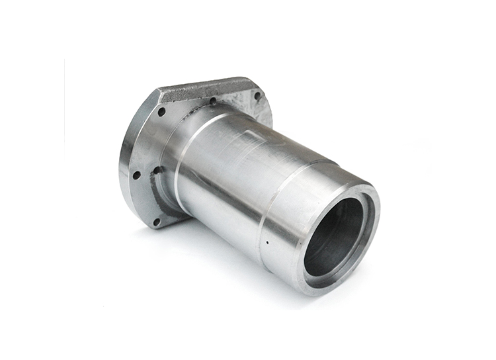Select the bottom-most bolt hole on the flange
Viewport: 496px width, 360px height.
(x=157, y=221)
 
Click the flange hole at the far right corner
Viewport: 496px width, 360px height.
(x=257, y=95)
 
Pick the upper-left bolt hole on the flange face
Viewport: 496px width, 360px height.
(x=161, y=112)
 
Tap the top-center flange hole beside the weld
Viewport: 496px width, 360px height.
(x=213, y=101)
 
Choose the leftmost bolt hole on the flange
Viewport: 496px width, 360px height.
(x=136, y=175)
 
